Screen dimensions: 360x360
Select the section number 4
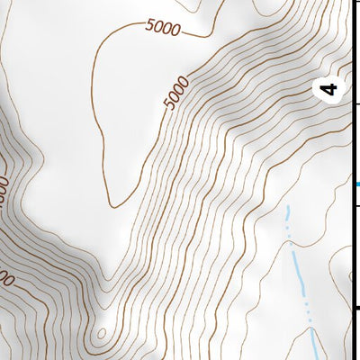[x=330, y=89]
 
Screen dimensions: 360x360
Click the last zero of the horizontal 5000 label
[x=175, y=31]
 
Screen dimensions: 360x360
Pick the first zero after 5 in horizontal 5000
[x=157, y=28]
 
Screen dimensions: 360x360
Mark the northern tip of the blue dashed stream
[x=288, y=208]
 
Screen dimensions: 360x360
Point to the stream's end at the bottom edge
[x=314, y=357]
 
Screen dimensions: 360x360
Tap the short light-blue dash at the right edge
[x=357, y=185]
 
